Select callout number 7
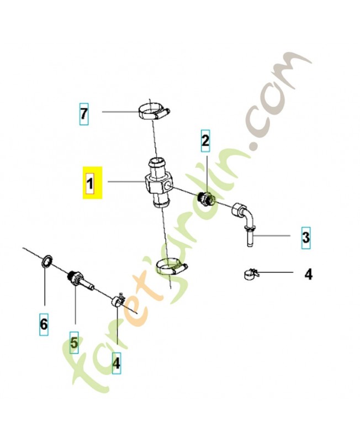click(83, 113)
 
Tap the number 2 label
click(205, 141)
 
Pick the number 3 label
click(305, 238)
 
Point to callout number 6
click(44, 323)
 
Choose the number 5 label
click(74, 344)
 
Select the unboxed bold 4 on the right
click(308, 273)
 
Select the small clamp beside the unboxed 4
click(250, 273)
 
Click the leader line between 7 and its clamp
click(119, 112)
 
